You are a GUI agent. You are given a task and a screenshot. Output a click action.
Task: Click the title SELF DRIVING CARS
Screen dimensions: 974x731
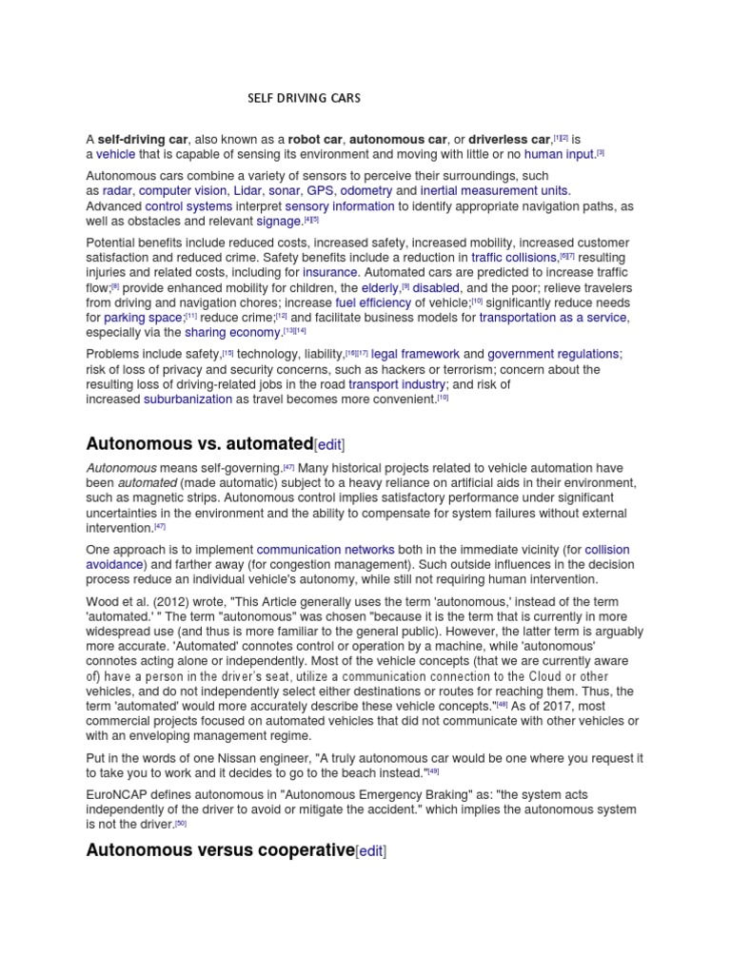click(x=304, y=98)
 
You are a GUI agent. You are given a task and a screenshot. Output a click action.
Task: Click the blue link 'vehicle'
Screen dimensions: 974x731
click(x=115, y=154)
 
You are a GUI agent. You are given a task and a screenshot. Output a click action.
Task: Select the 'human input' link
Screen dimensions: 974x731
click(x=559, y=154)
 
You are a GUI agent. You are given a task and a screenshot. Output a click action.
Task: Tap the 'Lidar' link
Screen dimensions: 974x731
click(x=249, y=190)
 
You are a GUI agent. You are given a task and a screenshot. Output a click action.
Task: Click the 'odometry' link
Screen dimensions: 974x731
click(x=366, y=190)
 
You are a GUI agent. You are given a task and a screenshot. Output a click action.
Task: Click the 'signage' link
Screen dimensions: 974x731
click(x=279, y=222)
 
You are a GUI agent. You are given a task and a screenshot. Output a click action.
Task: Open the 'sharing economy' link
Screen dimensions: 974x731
click(x=232, y=333)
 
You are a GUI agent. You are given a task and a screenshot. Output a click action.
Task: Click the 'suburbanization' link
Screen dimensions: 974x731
click(x=188, y=399)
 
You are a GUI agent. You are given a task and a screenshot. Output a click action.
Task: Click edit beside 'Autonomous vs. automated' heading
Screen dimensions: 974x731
click(x=329, y=444)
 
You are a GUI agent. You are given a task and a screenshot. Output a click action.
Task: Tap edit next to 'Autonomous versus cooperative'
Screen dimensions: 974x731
click(x=371, y=851)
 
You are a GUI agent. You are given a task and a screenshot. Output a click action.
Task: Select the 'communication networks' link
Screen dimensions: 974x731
click(x=312, y=550)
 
